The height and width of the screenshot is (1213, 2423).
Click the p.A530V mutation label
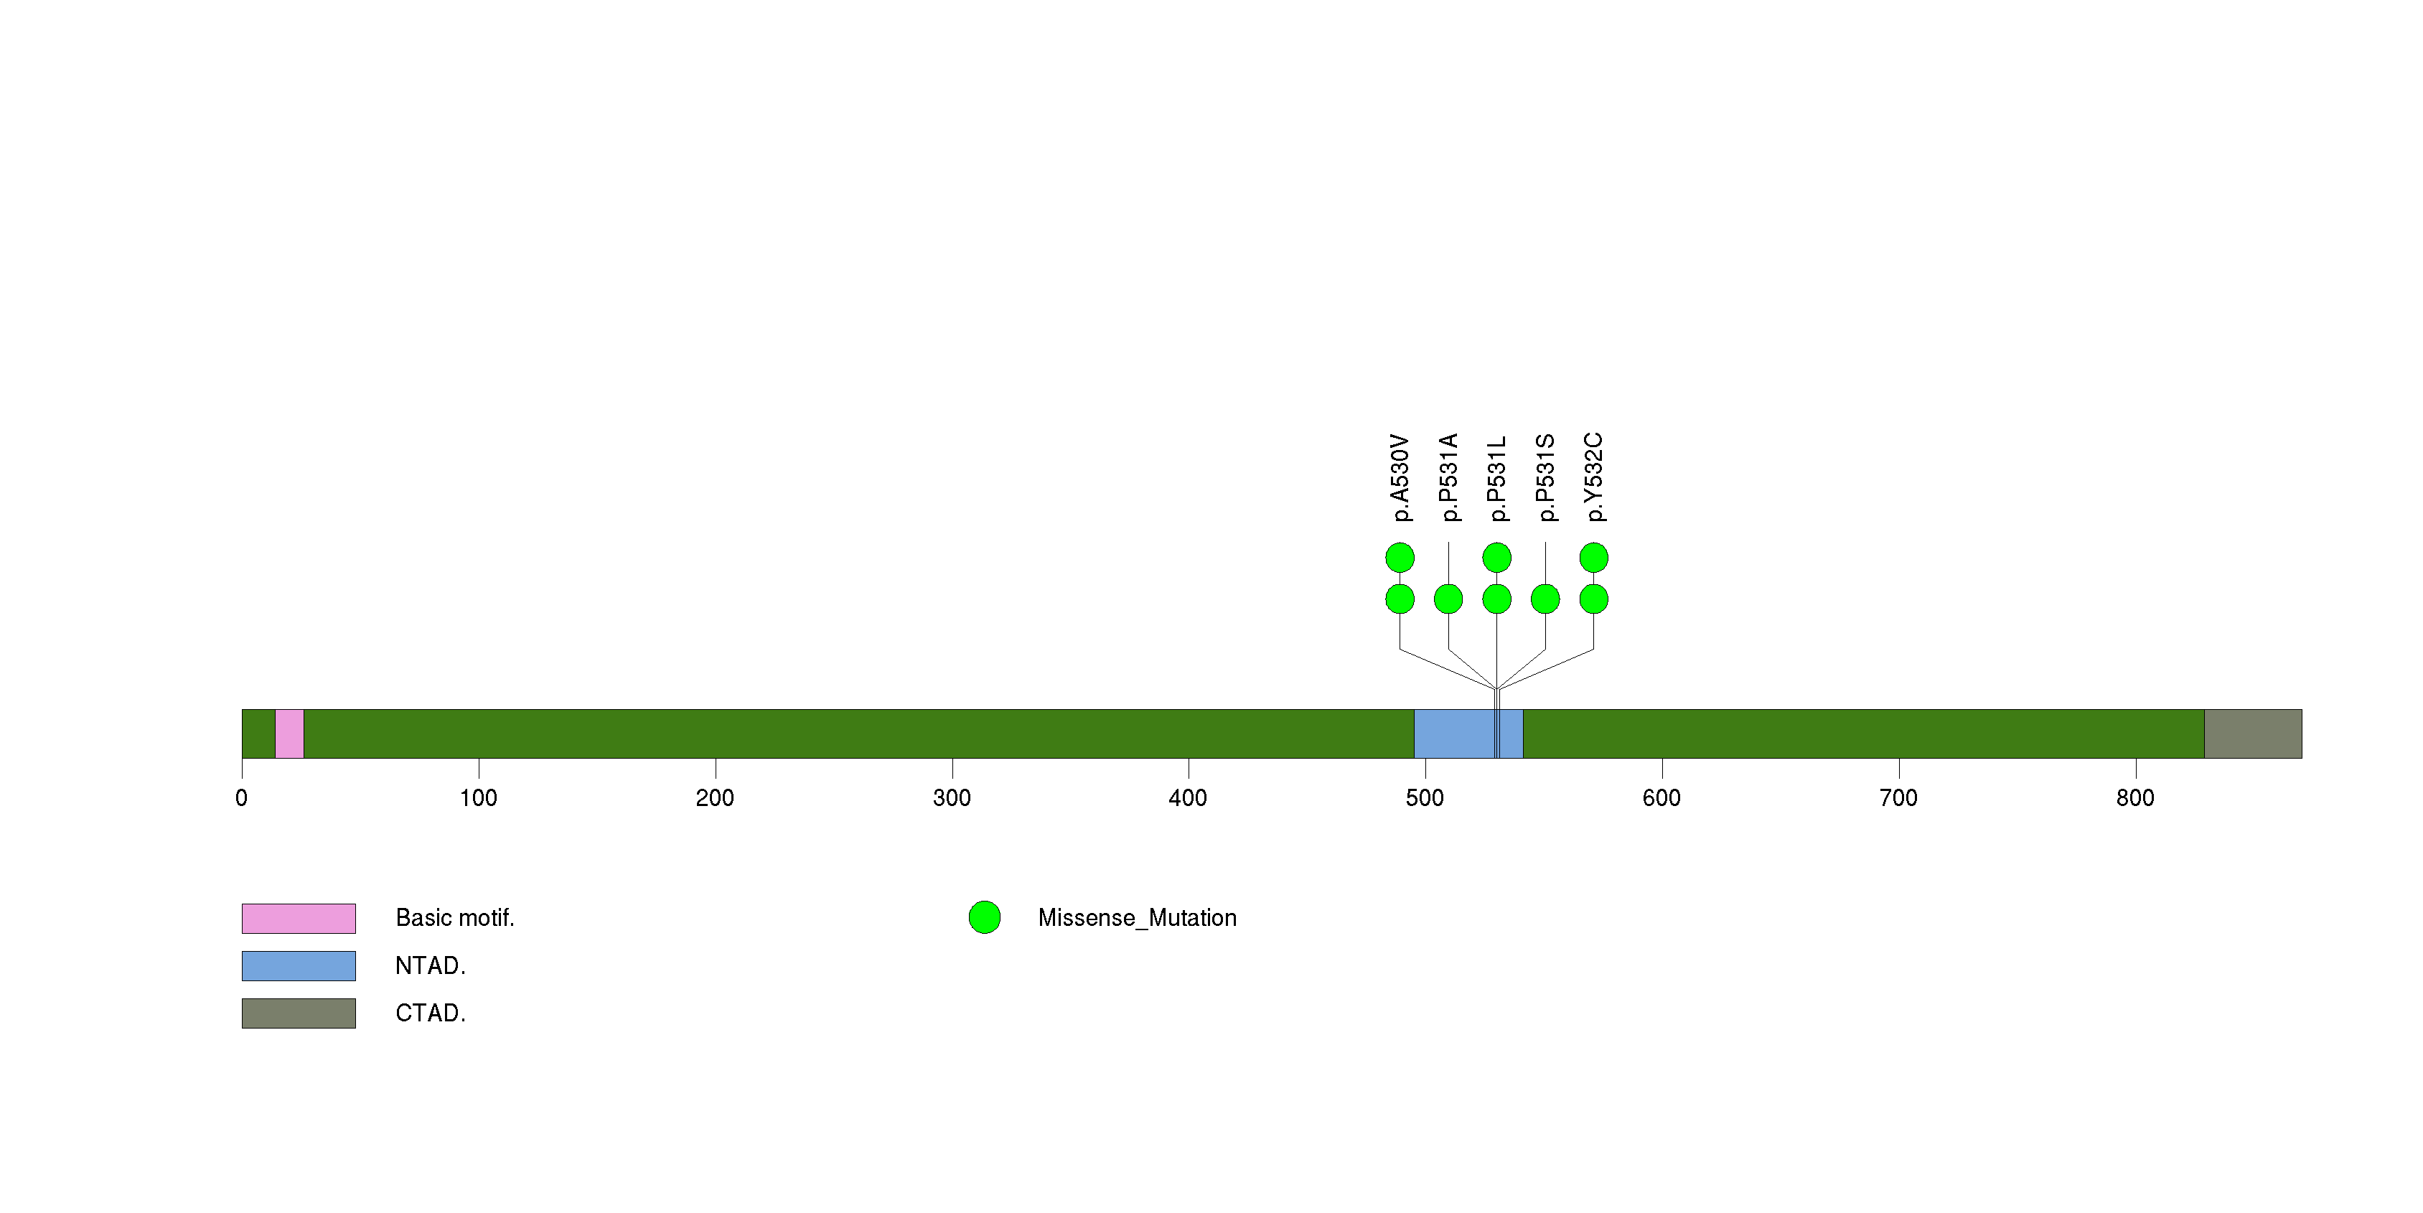pos(1400,478)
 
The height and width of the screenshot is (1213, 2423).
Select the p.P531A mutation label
pos(1448,478)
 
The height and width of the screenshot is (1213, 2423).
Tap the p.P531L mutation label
pos(1496,478)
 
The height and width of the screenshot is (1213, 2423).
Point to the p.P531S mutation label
pos(1545,478)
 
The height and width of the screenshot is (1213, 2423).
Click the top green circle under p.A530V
pos(1400,558)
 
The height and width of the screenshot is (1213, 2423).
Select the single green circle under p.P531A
pos(1448,599)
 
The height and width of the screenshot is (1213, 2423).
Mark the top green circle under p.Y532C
pos(1593,558)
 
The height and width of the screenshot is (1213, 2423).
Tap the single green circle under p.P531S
pos(1545,599)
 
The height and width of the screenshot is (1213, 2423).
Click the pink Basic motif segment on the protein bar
pos(290,734)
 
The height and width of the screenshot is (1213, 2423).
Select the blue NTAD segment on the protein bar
pos(1468,734)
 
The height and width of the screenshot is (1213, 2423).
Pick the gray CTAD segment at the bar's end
pos(2253,734)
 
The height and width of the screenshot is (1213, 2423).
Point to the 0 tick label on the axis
pos(242,798)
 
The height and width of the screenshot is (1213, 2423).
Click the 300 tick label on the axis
pos(952,798)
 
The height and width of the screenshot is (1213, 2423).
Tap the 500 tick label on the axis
pos(1425,798)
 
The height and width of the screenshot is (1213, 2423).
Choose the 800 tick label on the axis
pos(2135,798)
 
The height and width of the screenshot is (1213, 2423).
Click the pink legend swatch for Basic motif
pos(299,919)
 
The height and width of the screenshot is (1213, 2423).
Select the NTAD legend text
pos(431,965)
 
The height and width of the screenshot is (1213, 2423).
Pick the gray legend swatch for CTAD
pos(299,1013)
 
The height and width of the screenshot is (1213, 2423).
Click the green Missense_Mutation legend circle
pos(985,918)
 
